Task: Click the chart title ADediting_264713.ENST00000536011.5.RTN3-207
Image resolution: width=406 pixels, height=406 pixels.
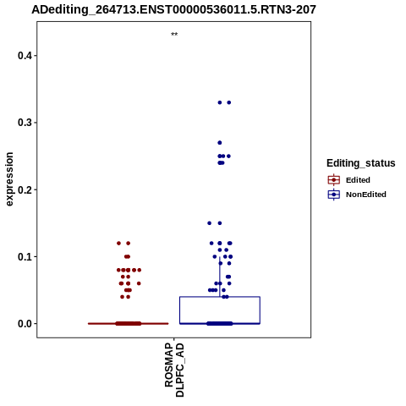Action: tap(173, 10)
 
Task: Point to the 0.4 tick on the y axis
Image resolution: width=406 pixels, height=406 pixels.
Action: tap(36, 56)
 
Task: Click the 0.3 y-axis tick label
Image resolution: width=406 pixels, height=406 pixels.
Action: tap(25, 123)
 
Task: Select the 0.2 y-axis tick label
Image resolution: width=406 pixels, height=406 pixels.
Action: tap(25, 189)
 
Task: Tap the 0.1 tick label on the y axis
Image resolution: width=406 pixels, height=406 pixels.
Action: tap(25, 257)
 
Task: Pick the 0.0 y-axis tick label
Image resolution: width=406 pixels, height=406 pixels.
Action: tap(25, 324)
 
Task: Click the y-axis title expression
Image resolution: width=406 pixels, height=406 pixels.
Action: tap(9, 179)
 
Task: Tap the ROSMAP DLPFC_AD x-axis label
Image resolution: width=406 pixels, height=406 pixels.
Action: tap(174, 370)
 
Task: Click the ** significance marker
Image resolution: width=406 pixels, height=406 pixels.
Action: tap(174, 35)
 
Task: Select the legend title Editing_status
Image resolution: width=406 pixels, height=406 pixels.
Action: tap(361, 163)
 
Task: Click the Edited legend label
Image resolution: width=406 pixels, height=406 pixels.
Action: tap(358, 180)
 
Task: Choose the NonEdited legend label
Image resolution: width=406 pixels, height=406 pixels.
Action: tap(366, 195)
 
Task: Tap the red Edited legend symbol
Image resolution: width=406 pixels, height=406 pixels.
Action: tap(334, 180)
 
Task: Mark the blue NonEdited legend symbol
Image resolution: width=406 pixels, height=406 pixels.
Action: tap(334, 195)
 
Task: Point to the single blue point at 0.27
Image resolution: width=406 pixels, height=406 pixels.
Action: tap(220, 143)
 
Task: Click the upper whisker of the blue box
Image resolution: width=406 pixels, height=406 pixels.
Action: tap(220, 277)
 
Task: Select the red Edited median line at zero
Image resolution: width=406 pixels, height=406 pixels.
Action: tap(129, 324)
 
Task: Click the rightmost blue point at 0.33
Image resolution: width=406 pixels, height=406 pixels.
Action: tap(229, 102)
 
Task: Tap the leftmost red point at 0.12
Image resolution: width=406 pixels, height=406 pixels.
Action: tap(118, 244)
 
